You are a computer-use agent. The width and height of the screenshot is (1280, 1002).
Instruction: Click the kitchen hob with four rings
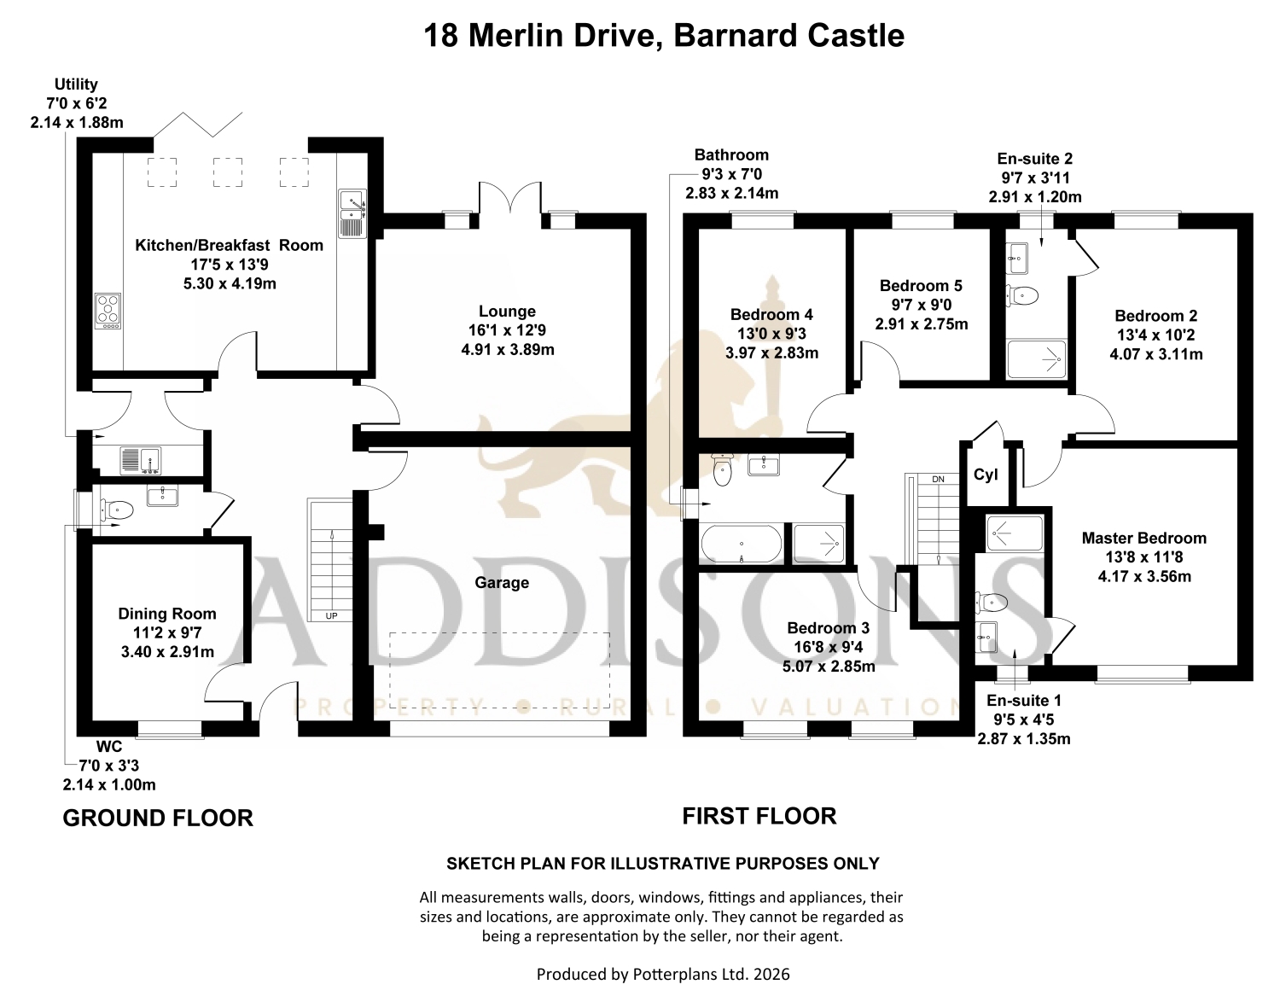(x=108, y=311)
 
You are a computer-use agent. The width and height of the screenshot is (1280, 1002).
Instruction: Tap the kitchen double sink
(x=352, y=213)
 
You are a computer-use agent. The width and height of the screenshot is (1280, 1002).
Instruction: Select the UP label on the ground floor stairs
(x=332, y=616)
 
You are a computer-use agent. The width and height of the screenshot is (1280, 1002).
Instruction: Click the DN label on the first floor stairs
(x=939, y=480)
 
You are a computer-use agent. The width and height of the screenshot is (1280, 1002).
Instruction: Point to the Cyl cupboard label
(x=986, y=475)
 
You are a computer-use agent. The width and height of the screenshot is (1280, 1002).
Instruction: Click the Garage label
(x=502, y=583)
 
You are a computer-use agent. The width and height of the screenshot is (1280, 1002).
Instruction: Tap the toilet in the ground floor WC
(x=117, y=510)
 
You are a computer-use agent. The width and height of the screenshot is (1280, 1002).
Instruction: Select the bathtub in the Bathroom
(x=742, y=544)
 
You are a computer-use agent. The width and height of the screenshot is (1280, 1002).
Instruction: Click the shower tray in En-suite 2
(x=1036, y=358)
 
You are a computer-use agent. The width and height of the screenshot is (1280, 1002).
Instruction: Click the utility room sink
(x=140, y=461)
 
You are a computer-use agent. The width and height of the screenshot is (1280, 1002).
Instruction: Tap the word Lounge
(x=507, y=311)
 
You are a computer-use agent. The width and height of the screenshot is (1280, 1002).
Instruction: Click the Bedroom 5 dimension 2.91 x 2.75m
(x=922, y=324)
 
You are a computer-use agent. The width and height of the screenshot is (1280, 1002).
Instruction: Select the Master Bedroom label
(x=1144, y=538)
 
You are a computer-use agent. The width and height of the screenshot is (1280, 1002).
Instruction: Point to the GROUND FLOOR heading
(x=158, y=818)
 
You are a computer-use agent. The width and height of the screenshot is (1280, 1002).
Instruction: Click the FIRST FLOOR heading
(x=759, y=817)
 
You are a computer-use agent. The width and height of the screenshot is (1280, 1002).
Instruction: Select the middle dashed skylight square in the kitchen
(x=227, y=172)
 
